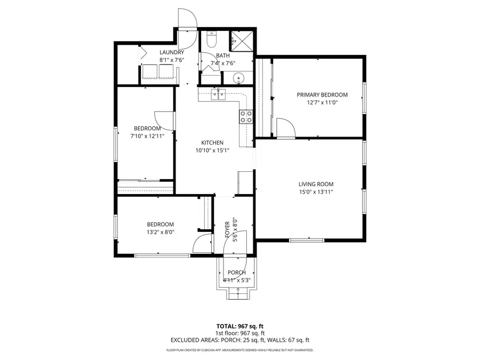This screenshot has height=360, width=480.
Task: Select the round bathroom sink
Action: tap(239, 78)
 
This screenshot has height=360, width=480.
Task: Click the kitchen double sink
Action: tap(219, 95)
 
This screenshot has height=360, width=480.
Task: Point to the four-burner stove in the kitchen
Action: tap(246, 116)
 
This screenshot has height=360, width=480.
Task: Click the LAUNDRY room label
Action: tap(172, 52)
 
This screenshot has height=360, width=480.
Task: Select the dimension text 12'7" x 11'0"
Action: tap(322, 103)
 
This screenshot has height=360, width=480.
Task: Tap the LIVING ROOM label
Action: tap(316, 184)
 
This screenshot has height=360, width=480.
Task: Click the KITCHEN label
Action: tap(212, 142)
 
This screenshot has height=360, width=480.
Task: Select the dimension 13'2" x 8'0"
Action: tap(161, 232)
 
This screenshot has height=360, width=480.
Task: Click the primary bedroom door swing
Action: tap(286, 129)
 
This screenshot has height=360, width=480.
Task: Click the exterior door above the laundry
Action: tap(188, 20)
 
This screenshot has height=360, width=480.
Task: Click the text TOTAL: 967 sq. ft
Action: tap(239, 326)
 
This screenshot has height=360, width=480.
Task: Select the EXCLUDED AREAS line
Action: tap(239, 340)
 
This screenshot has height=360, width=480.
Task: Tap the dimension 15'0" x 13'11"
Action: tap(316, 192)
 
